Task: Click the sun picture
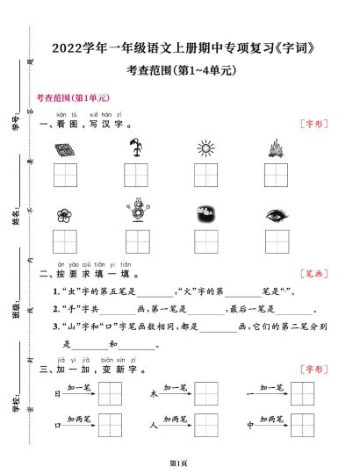(x=205, y=147)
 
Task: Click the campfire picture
(x=275, y=147)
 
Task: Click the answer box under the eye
(x=275, y=240)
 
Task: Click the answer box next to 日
(x=109, y=394)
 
